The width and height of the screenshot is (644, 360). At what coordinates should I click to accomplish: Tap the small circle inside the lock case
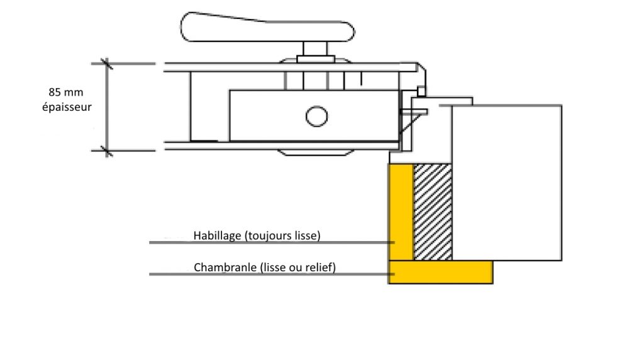pos(317,116)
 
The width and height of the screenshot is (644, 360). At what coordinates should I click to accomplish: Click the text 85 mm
pos(65,92)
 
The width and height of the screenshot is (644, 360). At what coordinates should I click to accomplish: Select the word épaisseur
pos(67,107)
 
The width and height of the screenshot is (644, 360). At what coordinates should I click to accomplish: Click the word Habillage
pos(217,235)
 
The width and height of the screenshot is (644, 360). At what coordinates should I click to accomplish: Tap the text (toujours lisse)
pos(282,235)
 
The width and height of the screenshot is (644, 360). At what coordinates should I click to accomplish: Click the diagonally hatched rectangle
pos(433,211)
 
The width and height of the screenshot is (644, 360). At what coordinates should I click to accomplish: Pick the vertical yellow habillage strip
pos(401,211)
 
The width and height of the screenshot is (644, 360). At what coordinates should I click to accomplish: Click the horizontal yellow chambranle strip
pos(441,272)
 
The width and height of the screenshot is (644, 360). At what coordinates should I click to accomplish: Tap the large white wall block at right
pos(507,183)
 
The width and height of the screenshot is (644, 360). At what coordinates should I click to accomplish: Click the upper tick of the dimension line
pos(107,64)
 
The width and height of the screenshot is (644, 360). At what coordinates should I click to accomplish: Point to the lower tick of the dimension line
pos(107,151)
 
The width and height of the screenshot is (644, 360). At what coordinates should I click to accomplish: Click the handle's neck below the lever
pos(316,48)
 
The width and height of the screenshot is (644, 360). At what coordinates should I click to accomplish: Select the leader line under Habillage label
pos(272,242)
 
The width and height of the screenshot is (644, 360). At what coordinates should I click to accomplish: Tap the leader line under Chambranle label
pos(272,274)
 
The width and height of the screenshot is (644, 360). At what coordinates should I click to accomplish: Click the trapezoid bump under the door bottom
pos(316,152)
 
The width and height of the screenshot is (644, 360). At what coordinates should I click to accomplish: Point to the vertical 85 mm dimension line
pos(107,107)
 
